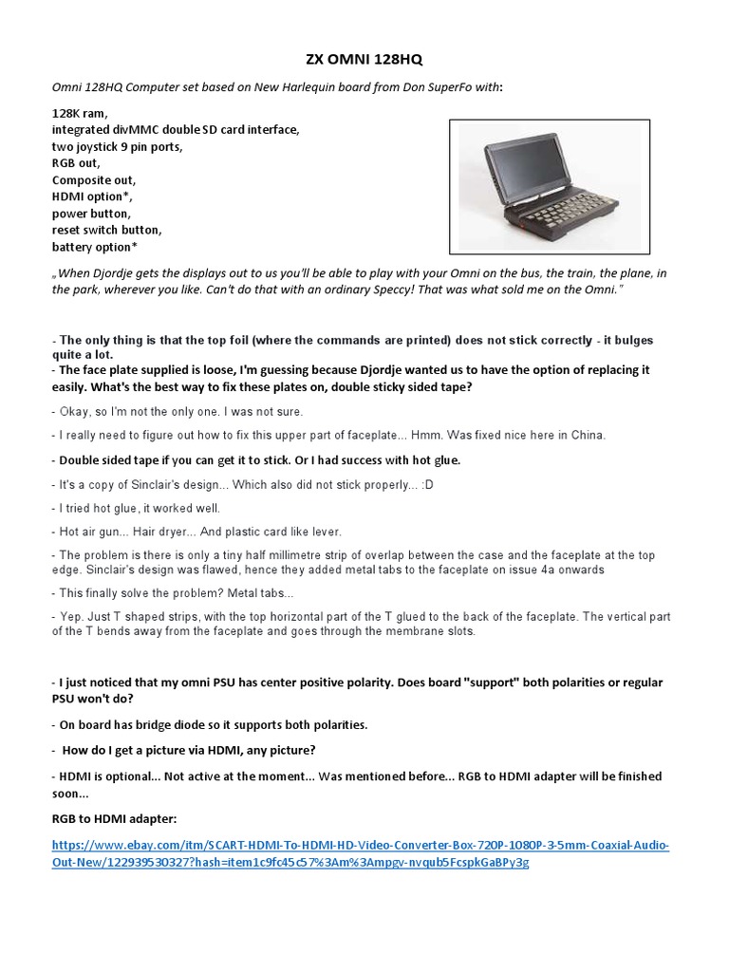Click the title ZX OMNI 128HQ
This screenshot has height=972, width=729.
click(x=364, y=59)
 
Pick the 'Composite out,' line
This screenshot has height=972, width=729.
click(x=94, y=179)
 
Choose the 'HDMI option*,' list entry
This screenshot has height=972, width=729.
click(x=93, y=196)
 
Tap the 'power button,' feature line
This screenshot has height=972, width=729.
click(x=93, y=214)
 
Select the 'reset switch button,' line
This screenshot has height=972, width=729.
click(x=107, y=230)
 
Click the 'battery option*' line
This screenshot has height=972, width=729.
click(x=95, y=247)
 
